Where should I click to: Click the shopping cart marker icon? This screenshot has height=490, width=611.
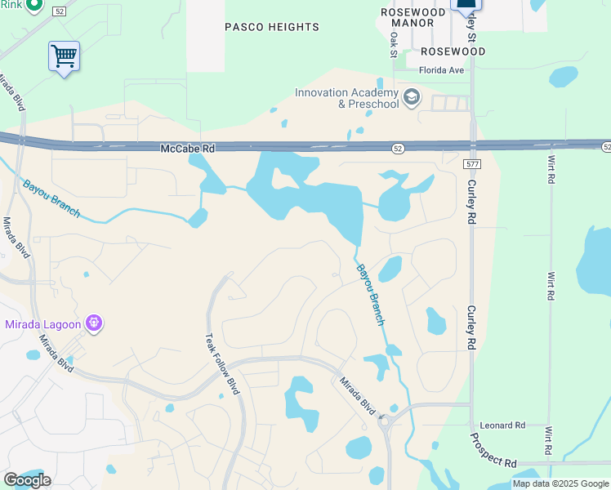(64, 56)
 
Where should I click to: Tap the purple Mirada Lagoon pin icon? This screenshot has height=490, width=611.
(94, 324)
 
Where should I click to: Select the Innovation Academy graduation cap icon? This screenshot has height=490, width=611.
(412, 99)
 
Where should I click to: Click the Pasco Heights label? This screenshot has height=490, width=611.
(272, 27)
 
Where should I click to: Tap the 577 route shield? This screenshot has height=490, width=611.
(471, 164)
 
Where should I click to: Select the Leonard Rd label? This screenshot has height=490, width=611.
(502, 425)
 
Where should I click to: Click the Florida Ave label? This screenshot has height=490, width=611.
(441, 70)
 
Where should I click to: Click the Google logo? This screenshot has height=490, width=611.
(27, 480)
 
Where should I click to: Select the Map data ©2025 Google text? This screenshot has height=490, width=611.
(560, 484)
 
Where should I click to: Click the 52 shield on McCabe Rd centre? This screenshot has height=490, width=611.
(398, 149)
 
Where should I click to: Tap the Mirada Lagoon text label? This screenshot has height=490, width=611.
(43, 324)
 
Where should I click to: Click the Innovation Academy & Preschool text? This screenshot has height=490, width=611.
(346, 98)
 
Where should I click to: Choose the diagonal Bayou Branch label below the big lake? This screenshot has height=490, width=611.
(369, 295)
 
